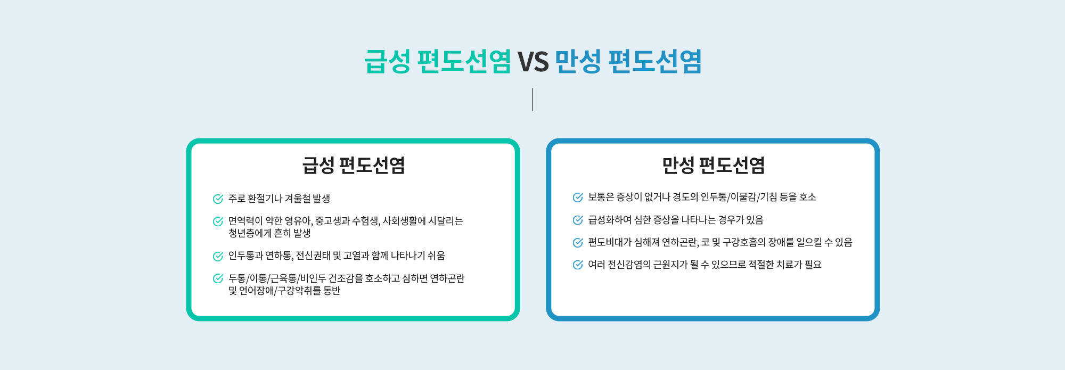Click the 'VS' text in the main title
533,62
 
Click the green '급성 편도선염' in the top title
438,61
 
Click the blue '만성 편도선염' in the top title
628,61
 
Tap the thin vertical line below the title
532,100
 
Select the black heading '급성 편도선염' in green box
354,165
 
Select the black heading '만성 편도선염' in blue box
714,165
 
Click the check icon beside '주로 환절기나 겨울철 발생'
218,199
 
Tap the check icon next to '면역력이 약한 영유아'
218,221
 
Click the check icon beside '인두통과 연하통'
218,256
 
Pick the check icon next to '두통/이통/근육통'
218,278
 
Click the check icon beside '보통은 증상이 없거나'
578,198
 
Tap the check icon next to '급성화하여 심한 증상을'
578,220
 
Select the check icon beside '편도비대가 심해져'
578,243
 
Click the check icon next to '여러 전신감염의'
578,265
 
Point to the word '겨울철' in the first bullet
298,199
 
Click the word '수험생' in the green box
366,221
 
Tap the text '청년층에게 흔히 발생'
269,233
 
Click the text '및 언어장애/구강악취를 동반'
284,291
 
